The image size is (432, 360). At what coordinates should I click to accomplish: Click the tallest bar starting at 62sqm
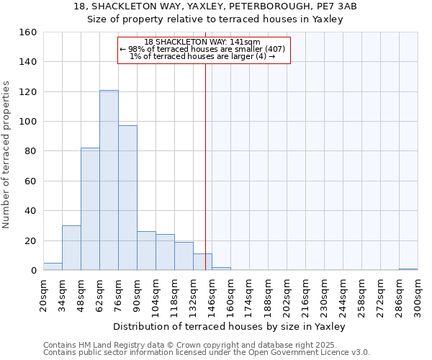[x=109, y=180]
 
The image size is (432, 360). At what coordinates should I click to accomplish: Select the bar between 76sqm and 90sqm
[x=127, y=198]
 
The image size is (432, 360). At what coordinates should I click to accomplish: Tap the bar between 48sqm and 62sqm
[x=90, y=209]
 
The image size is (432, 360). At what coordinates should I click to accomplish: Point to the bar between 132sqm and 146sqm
[x=202, y=262]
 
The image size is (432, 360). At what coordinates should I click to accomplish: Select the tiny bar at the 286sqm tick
[x=408, y=269]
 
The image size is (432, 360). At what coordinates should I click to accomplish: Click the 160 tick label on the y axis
[x=27, y=32]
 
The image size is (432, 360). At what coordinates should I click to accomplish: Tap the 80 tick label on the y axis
[x=30, y=151]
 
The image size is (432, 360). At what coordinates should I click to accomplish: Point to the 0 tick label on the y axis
[x=33, y=271]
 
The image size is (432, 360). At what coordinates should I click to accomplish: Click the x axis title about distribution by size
[x=230, y=327]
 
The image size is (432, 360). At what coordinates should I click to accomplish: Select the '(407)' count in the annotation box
[x=276, y=49]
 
